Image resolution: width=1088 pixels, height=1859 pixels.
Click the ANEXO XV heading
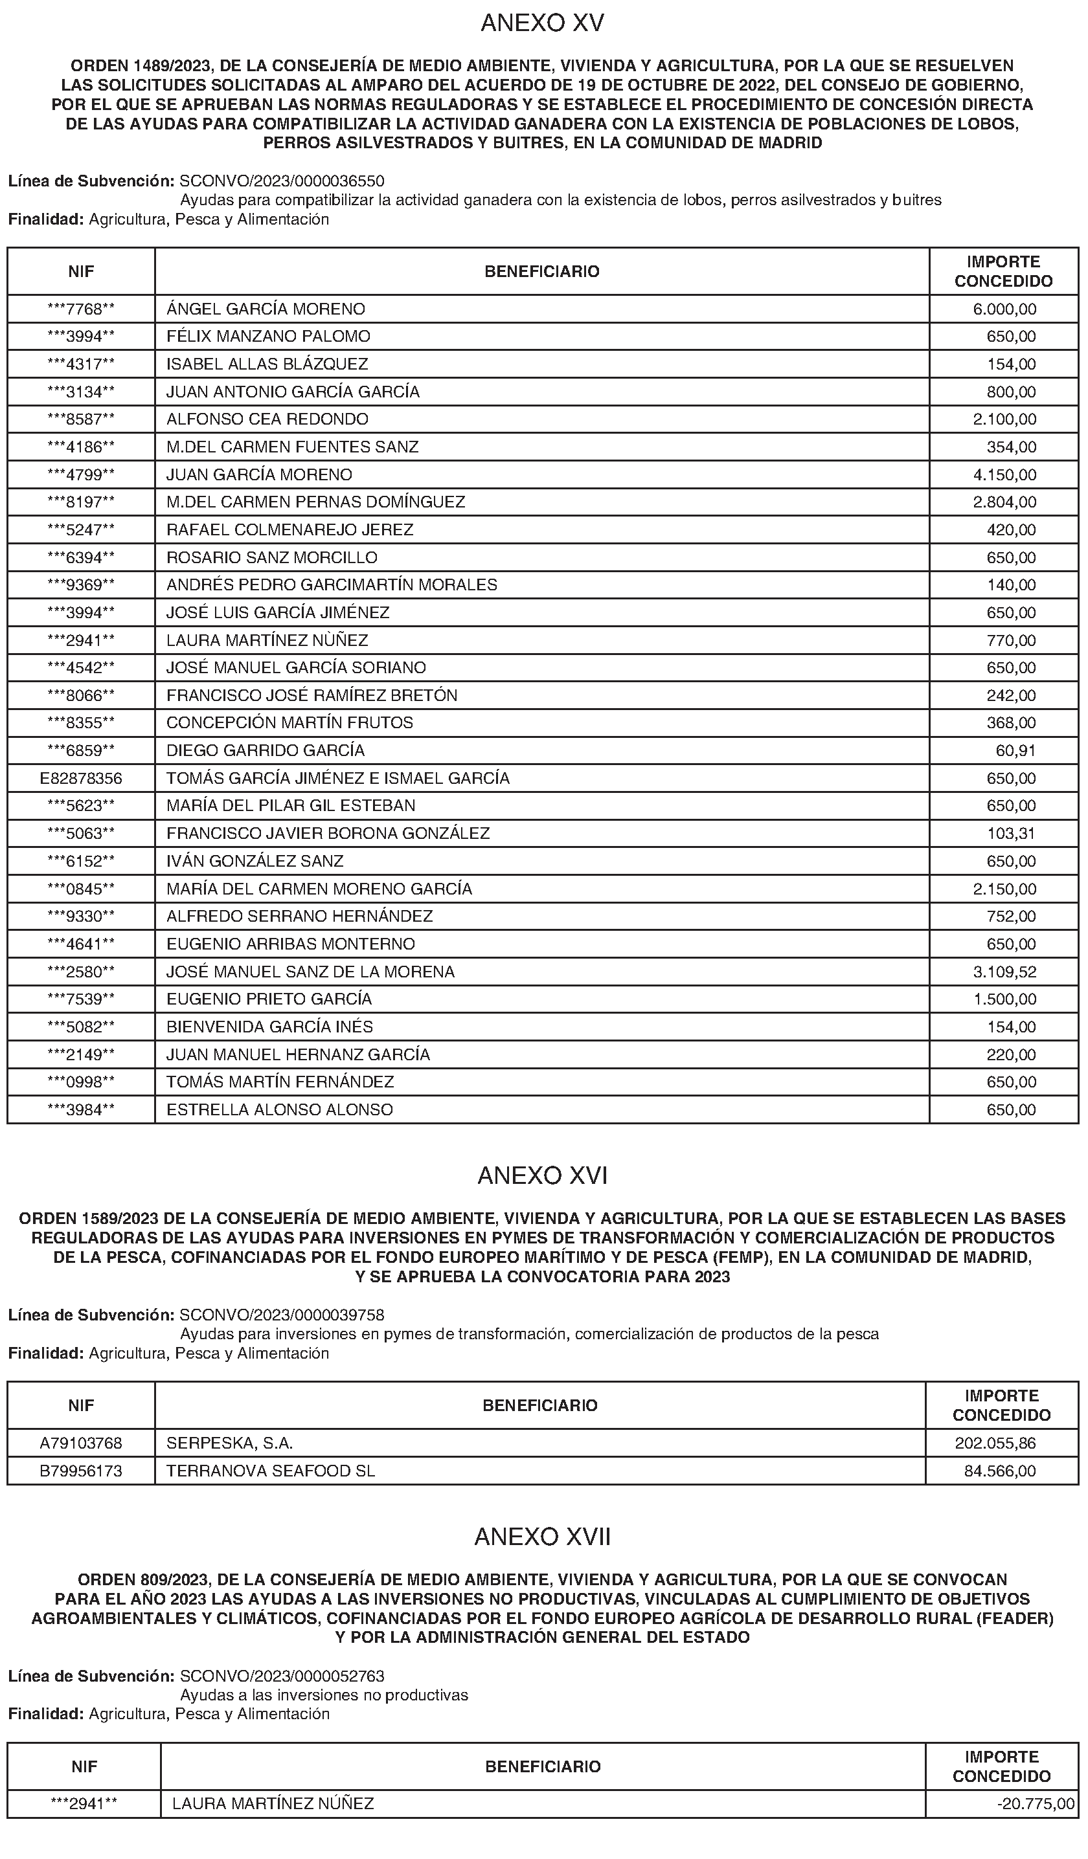[x=543, y=23]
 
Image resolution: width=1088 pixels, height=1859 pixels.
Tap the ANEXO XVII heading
[x=543, y=1537]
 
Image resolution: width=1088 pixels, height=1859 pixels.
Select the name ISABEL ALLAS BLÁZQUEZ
[x=267, y=364]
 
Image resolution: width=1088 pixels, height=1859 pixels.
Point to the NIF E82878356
[x=81, y=778]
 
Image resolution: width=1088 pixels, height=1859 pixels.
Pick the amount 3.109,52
[x=1004, y=972]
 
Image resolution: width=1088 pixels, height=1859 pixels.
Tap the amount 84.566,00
[x=1000, y=1471]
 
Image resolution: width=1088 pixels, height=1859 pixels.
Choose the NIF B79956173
[x=81, y=1471]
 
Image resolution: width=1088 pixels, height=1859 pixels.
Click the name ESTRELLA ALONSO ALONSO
[x=280, y=1109]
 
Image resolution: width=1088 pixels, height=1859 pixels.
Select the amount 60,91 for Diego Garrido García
[x=1015, y=751]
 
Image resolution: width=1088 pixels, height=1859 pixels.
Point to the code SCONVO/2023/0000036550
[x=282, y=181]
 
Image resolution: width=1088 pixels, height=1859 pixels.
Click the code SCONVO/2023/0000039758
[x=282, y=1315]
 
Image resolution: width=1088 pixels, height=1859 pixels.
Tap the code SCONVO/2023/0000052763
[x=282, y=1676]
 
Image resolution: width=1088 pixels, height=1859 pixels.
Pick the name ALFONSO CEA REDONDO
[x=267, y=419]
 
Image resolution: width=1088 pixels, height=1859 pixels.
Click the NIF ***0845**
[x=81, y=889]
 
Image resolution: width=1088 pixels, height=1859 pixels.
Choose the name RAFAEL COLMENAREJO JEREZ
[x=290, y=529]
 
